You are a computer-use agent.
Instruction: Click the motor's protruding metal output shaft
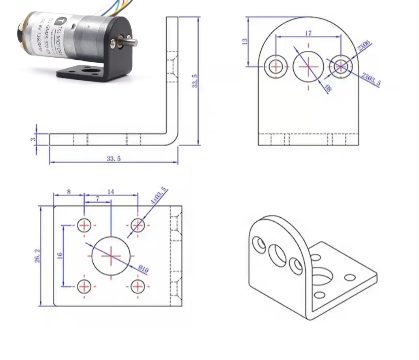coord(130,42)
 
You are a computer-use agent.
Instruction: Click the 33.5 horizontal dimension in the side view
coord(114,159)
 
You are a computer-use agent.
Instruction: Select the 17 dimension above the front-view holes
coord(309,33)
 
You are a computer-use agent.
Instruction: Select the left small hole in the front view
coord(276,66)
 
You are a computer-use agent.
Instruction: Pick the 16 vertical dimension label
coord(60,256)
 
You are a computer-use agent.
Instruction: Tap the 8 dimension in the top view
coord(68,191)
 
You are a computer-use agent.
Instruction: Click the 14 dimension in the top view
coord(111,191)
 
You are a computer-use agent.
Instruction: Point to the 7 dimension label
coord(97,198)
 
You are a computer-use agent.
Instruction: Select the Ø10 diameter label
coord(143,269)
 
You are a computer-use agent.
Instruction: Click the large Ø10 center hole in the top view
coord(111,256)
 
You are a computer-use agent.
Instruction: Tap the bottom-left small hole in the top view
coord(84,286)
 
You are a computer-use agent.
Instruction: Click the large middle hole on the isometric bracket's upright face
coord(278,254)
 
